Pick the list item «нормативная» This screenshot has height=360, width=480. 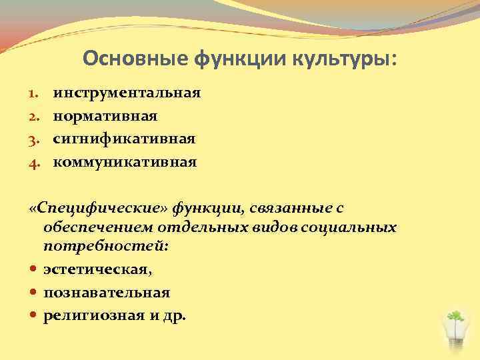pos(105,116)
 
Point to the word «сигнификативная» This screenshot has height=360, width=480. pos(124,139)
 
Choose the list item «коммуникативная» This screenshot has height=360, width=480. pos(125,161)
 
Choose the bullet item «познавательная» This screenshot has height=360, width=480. pos(107,292)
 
